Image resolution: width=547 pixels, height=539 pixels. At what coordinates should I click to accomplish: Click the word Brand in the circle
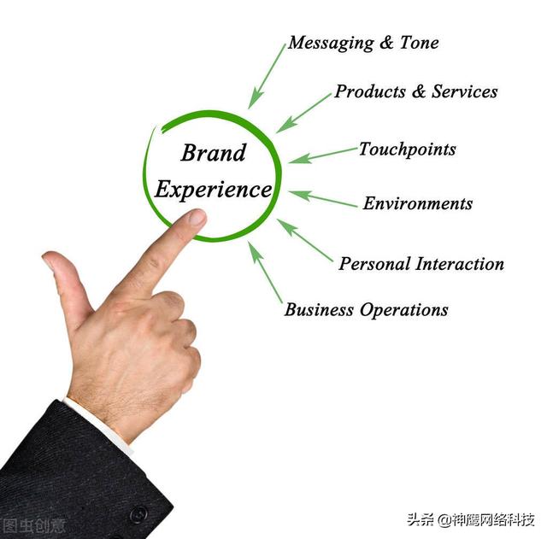pyautogui.click(x=213, y=154)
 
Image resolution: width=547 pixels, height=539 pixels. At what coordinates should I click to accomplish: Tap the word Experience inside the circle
pyautogui.click(x=213, y=190)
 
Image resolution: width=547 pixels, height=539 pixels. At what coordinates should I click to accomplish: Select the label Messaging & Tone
pyautogui.click(x=363, y=43)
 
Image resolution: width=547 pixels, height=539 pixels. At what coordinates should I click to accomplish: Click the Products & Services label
pyautogui.click(x=415, y=91)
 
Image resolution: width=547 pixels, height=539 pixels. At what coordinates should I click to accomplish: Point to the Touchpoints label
pyautogui.click(x=407, y=149)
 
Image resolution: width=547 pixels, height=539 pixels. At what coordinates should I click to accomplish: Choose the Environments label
pyautogui.click(x=417, y=204)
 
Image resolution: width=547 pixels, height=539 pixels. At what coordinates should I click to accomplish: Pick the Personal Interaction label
pyautogui.click(x=421, y=264)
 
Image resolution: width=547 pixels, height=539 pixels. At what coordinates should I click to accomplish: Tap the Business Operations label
pyautogui.click(x=366, y=310)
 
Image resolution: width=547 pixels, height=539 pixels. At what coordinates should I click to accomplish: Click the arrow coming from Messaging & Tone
pyautogui.click(x=267, y=76)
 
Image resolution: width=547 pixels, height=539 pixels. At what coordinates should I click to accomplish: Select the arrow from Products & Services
pyautogui.click(x=303, y=113)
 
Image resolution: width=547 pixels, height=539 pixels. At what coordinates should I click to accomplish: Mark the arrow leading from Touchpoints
pyautogui.click(x=322, y=155)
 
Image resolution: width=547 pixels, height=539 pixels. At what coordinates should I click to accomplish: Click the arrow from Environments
pyautogui.click(x=322, y=198)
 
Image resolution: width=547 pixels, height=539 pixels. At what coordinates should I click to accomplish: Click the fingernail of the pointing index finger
pyautogui.click(x=197, y=218)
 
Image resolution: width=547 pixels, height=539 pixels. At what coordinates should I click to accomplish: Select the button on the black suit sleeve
pyautogui.click(x=138, y=515)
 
